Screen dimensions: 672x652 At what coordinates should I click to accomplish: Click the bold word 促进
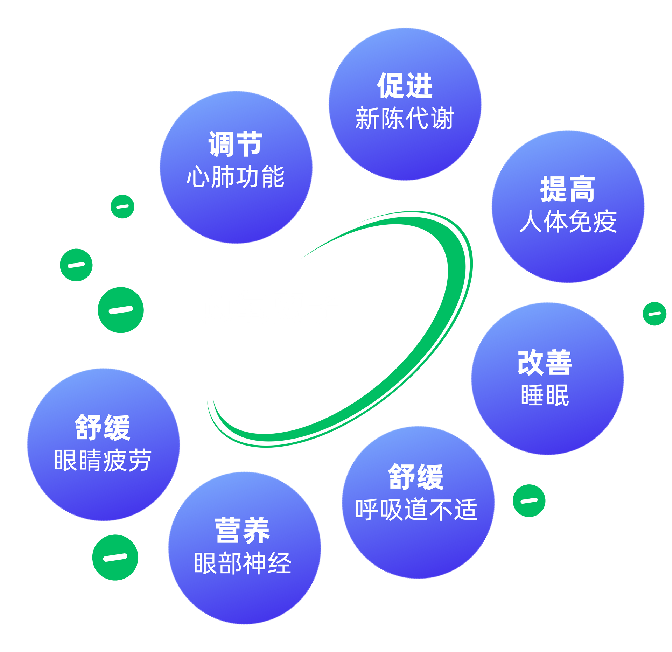[x=405, y=86]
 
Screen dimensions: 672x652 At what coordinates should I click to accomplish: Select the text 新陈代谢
[x=405, y=118]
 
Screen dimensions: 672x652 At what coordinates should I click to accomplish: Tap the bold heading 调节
[x=236, y=144]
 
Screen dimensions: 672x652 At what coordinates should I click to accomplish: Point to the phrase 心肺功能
[x=236, y=176]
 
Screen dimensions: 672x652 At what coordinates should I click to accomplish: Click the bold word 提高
[x=567, y=189]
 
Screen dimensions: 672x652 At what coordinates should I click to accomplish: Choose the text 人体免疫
[x=568, y=221]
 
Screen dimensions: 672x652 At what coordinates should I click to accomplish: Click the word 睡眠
[x=545, y=395]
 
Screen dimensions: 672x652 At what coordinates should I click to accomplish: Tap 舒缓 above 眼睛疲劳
[x=103, y=427]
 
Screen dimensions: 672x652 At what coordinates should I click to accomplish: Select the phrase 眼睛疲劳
[x=103, y=460]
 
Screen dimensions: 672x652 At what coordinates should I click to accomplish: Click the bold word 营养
[x=242, y=530]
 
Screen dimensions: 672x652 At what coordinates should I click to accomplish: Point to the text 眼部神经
[x=243, y=563]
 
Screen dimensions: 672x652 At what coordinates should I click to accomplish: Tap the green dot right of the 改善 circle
[x=654, y=314]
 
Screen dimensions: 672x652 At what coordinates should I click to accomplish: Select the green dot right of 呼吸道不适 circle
[x=529, y=501]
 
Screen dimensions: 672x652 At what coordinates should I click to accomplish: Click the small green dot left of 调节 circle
[x=122, y=206]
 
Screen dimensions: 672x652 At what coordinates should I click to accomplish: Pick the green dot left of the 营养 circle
[x=115, y=558]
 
